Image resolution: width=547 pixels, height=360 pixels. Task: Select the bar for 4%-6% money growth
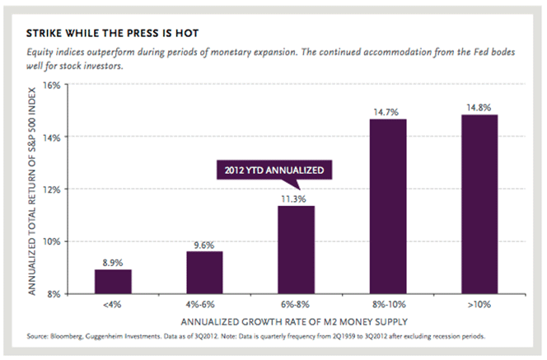[204, 273]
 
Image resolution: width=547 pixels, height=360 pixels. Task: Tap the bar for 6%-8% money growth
[296, 250]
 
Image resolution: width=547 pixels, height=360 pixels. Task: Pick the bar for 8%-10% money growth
[387, 206]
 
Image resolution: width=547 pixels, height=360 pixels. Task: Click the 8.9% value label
[113, 262]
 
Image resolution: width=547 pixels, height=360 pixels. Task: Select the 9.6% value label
[204, 244]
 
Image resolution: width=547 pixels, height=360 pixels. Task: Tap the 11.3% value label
[296, 198]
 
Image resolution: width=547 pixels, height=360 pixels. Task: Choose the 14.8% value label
[479, 107]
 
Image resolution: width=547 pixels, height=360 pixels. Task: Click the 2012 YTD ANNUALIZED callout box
[272, 171]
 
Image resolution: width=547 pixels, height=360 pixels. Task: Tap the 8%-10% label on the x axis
[387, 304]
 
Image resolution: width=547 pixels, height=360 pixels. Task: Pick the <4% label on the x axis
[113, 304]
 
